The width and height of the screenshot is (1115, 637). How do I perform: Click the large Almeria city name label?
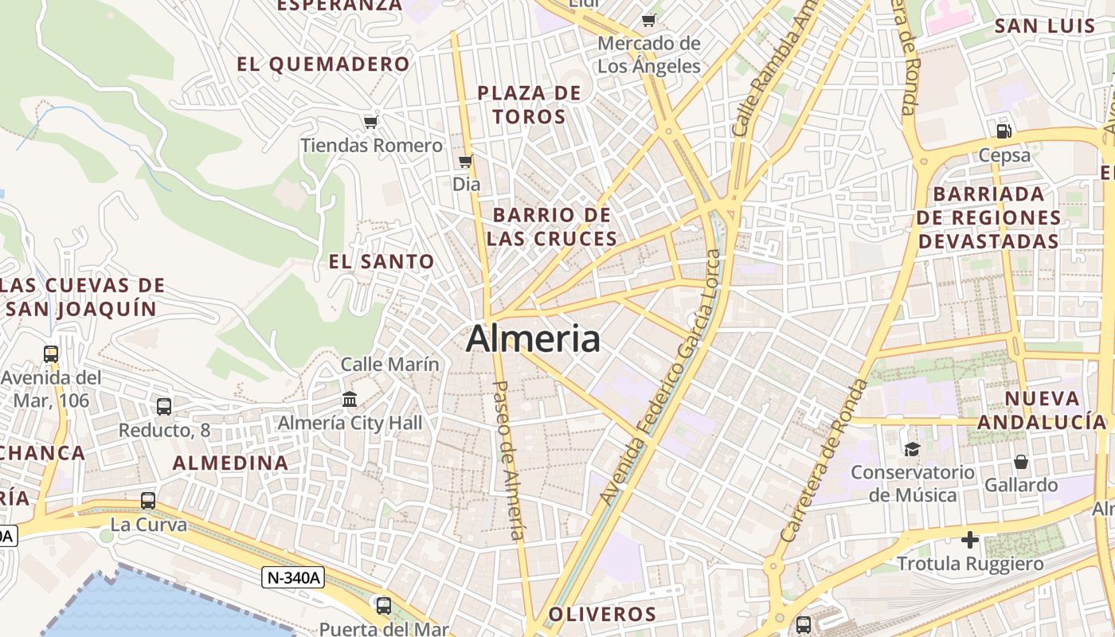click(533, 339)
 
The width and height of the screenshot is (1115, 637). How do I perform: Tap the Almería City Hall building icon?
click(349, 400)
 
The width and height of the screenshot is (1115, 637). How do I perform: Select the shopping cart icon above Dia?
click(466, 162)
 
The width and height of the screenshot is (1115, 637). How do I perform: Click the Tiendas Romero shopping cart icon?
click(370, 123)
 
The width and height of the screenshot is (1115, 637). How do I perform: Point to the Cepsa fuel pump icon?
click(1004, 131)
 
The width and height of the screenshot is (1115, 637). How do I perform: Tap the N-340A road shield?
click(293, 577)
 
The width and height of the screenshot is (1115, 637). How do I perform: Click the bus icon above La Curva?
click(148, 501)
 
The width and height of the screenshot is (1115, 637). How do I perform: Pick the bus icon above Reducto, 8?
click(164, 407)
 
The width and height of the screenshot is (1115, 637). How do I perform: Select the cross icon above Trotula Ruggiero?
click(970, 541)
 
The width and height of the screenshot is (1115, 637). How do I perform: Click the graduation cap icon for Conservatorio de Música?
click(912, 449)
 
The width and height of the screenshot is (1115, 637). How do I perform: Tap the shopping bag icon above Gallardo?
click(1020, 462)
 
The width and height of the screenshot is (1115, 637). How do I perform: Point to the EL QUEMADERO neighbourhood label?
click(323, 64)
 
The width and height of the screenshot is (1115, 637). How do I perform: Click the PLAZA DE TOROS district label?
click(530, 105)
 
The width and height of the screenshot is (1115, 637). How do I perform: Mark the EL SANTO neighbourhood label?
click(381, 261)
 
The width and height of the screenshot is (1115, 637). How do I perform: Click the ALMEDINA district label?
click(231, 463)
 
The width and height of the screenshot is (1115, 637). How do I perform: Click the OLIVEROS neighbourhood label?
click(602, 614)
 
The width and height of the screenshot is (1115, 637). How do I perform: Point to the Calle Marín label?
click(390, 364)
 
